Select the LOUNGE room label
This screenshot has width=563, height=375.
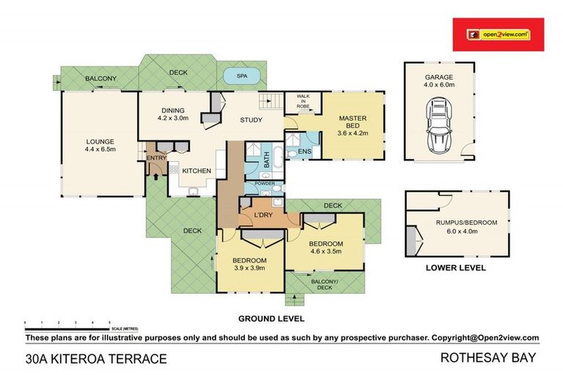click(x=100, y=144)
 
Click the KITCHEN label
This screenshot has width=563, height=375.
click(x=197, y=171)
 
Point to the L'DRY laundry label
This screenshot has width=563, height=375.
click(x=263, y=215)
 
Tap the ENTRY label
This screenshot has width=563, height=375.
click(x=156, y=158)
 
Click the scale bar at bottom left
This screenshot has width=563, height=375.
click(x=67, y=322)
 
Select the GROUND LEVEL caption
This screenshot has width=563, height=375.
click(x=271, y=319)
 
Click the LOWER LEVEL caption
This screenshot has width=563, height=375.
click(x=456, y=268)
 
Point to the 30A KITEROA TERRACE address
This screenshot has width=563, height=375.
click(x=96, y=359)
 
